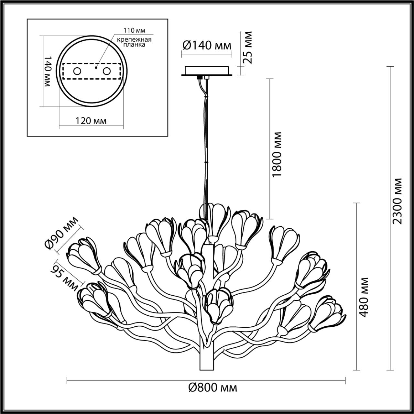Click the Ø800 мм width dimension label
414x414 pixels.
(x=212, y=387)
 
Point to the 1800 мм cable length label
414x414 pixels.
(x=278, y=154)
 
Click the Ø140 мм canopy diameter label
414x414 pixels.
(x=207, y=46)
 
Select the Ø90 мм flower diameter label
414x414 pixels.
(x=61, y=233)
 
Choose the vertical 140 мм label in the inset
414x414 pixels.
(x=47, y=71)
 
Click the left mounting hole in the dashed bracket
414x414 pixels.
(x=77, y=71)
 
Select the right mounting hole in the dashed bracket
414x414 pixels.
(x=106, y=71)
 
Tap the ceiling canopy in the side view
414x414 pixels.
(x=207, y=71)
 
